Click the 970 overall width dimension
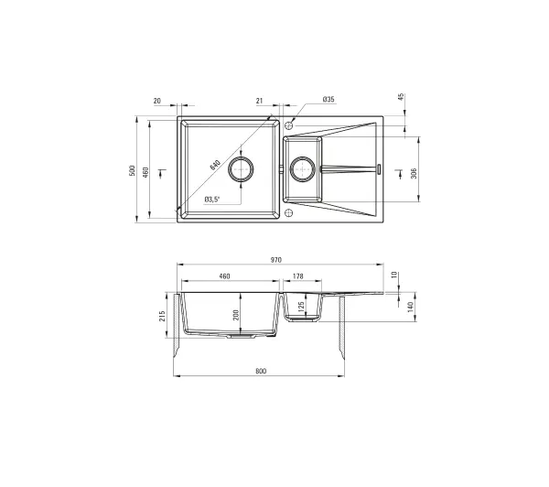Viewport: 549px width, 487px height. pos(276,260)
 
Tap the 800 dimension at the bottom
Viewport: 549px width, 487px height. pos(261,372)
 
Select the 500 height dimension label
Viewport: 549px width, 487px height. pos(132,170)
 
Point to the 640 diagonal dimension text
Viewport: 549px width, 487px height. pos(215,165)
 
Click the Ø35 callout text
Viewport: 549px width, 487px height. pos(328,99)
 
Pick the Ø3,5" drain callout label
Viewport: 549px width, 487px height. pos(212,200)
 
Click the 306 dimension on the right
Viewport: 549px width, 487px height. pos(414,173)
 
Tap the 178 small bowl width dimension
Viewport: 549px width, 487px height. pos(297,276)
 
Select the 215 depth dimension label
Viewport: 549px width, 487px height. pos(163,317)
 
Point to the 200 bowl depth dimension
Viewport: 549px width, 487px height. pos(236,315)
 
